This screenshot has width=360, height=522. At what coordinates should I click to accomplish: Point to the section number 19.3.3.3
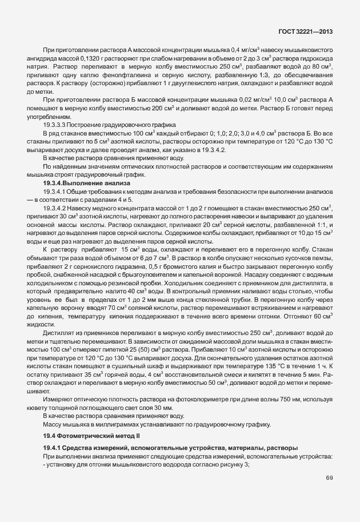(56, 124)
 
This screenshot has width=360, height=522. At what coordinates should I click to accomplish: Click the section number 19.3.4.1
(57, 192)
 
